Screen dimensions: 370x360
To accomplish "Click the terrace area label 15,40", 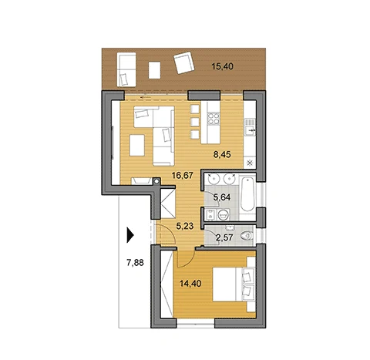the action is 222,66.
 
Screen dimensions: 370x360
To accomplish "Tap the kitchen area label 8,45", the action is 222,155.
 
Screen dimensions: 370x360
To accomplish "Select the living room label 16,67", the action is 183,176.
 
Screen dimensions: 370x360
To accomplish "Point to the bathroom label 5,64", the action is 222,197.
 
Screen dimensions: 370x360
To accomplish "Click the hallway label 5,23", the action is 185,226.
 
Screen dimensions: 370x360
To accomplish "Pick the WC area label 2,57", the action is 224,237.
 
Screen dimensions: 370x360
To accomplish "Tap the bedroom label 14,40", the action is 190,284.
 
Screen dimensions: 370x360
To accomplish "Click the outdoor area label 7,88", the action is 135,263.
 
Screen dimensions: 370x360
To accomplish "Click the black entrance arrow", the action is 130,235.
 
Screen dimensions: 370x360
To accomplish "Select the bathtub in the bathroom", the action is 247,194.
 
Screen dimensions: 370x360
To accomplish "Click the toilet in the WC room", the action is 247,236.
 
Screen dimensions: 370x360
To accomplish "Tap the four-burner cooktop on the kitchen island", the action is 214,119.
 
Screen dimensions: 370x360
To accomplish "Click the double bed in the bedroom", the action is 234,284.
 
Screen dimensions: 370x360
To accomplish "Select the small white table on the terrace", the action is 154,70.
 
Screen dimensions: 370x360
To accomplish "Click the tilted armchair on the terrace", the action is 183,62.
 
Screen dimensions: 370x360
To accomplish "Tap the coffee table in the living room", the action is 137,145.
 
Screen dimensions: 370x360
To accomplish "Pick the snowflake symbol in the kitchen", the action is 250,163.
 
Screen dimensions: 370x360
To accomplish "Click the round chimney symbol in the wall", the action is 156,181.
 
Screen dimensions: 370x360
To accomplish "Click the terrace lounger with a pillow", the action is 126,69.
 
